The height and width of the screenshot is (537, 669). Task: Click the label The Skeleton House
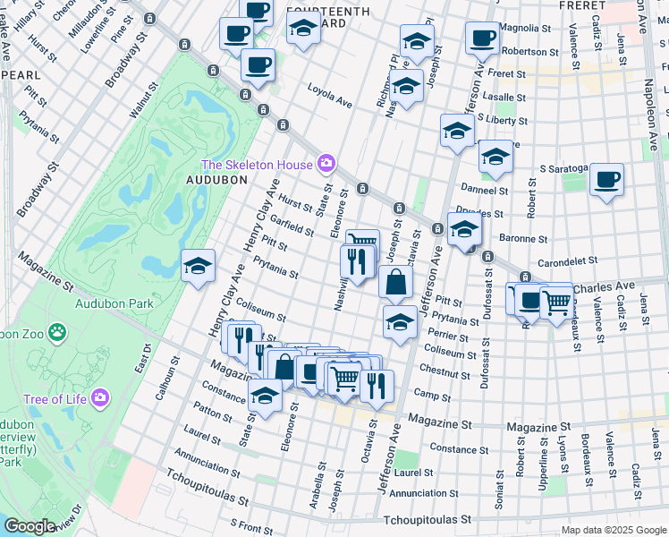coord(257,165)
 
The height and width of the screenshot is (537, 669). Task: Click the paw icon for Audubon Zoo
coord(57,333)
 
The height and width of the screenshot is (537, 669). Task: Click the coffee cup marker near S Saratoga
coord(606,179)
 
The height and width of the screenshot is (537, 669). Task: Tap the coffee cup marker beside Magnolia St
coord(482,38)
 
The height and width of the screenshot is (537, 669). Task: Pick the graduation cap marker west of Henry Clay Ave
coord(199,265)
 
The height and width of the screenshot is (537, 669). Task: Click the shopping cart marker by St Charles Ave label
coord(557,300)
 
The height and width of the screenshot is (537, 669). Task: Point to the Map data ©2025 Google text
coord(613,529)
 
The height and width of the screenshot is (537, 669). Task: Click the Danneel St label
coord(484,190)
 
